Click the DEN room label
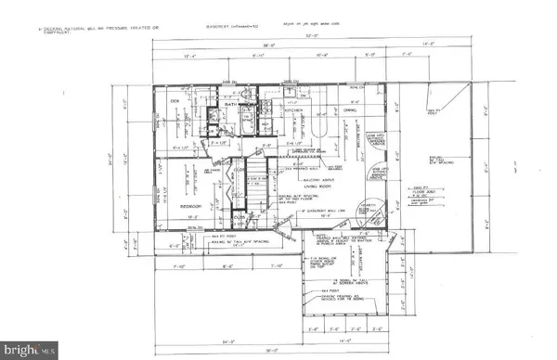173,102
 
